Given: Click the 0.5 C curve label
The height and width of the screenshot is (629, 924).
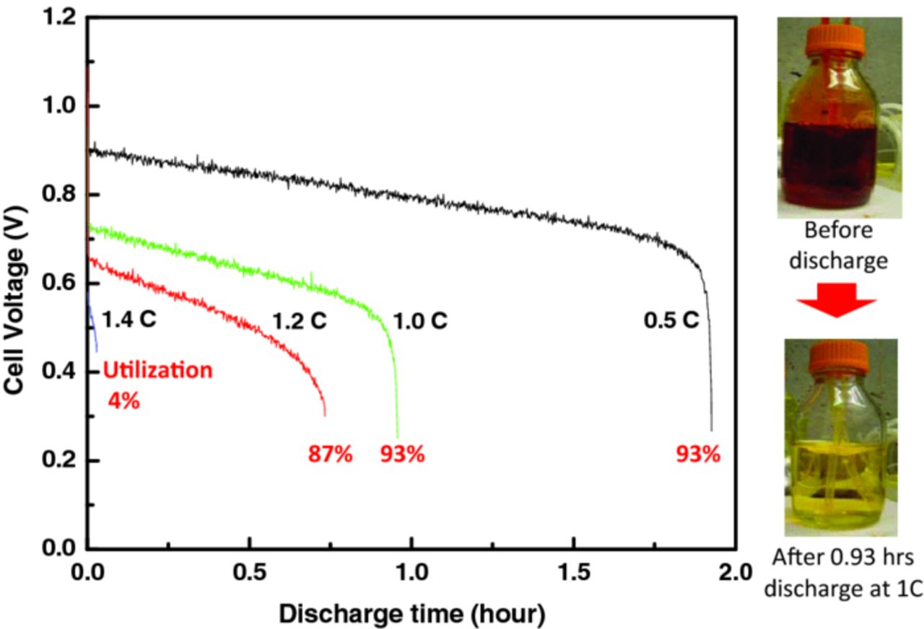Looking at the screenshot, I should [671, 320].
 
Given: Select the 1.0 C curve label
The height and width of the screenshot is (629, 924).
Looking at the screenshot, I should [419, 320].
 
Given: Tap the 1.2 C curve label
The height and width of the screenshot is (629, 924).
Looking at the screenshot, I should [300, 320].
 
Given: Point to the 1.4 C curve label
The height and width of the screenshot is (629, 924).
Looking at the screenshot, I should [128, 320].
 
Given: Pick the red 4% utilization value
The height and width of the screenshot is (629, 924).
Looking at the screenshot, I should [123, 400].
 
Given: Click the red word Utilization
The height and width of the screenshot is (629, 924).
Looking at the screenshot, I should [157, 371].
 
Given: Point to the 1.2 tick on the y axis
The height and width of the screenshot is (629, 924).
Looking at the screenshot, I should [61, 19].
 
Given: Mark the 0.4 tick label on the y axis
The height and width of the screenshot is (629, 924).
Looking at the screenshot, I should [61, 372].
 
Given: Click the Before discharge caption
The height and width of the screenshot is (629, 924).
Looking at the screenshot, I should [837, 245].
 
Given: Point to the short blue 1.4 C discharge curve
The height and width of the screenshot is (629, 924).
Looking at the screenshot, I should [92, 325].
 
